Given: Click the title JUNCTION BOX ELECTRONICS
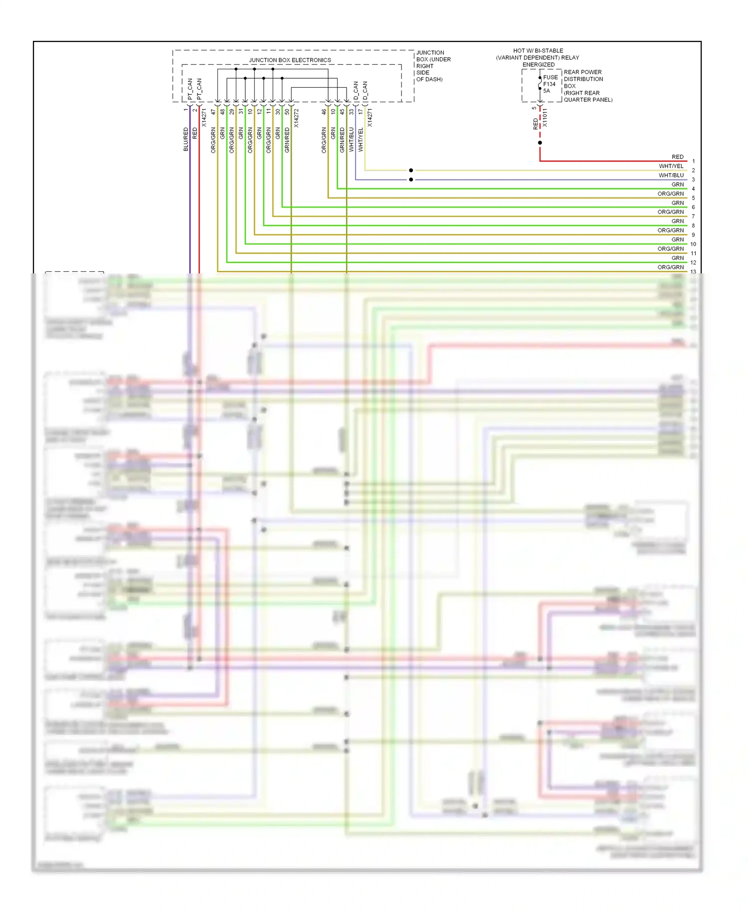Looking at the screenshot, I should [x=290, y=60].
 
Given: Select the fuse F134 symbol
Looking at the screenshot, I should [x=540, y=83].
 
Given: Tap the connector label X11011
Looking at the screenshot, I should [x=545, y=118].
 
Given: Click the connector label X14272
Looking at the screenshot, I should [x=296, y=118].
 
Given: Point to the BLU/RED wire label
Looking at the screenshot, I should [x=186, y=139].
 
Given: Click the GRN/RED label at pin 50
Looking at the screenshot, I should [x=287, y=140].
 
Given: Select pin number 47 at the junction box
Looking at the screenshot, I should [x=213, y=112].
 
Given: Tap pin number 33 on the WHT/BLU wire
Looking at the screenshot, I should [x=352, y=112].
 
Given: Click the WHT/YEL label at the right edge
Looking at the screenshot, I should [x=671, y=166].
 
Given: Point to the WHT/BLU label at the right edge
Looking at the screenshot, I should [x=671, y=175].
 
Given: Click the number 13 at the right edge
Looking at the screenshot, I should [x=693, y=271].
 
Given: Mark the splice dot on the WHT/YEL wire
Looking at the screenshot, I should [x=411, y=170].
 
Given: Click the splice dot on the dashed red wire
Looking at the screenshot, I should [x=540, y=143].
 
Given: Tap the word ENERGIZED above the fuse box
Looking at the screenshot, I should [x=538, y=64].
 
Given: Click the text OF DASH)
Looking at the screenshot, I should [x=429, y=79].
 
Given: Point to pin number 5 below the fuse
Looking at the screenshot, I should [x=534, y=108].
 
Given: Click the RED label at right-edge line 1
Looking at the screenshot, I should [x=677, y=157].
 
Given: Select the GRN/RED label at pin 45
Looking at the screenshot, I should [x=342, y=140].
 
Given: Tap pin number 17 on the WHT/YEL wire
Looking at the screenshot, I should [x=361, y=112].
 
